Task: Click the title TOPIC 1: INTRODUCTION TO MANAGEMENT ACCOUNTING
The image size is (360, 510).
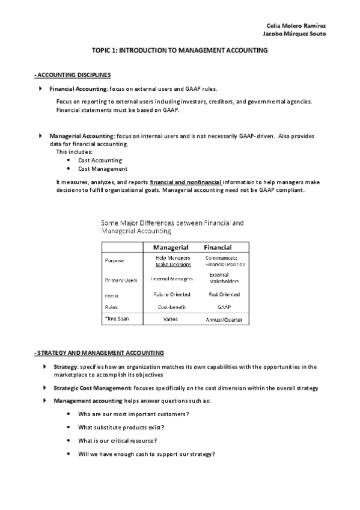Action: click(x=180, y=52)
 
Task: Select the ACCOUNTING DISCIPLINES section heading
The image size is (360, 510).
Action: click(x=73, y=75)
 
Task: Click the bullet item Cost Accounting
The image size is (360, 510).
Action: click(x=100, y=161)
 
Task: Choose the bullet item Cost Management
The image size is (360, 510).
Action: click(x=103, y=169)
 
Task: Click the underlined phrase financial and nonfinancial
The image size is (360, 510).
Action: click(x=186, y=182)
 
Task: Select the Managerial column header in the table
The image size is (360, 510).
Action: click(x=171, y=247)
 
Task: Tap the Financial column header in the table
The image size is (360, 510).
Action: click(x=218, y=247)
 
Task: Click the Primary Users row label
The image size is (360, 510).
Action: click(x=121, y=280)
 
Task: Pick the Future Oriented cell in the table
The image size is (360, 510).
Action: click(x=172, y=295)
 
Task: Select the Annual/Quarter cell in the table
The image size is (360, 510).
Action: click(x=224, y=320)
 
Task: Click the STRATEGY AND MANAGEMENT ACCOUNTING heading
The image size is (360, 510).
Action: click(x=99, y=352)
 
